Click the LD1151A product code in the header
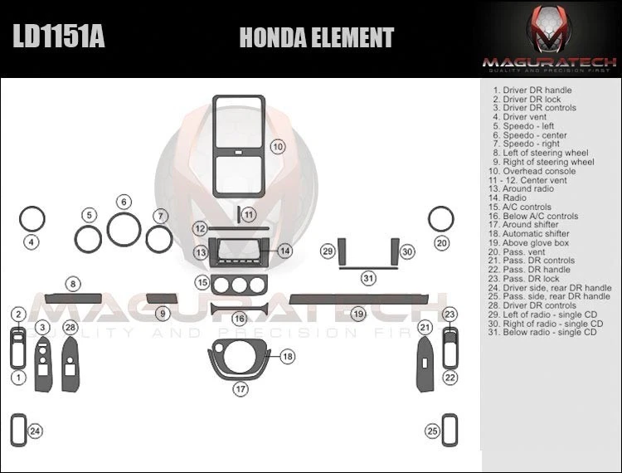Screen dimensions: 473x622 [x=58, y=37]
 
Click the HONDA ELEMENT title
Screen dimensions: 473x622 [x=316, y=37]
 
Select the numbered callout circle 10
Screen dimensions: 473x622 [x=278, y=147]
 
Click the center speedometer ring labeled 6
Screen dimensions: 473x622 [x=124, y=229]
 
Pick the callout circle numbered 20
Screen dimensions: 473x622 [x=442, y=243]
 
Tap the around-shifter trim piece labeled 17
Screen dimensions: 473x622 [x=240, y=358]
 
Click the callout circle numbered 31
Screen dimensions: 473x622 [x=368, y=278]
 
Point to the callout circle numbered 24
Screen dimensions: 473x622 [x=35, y=431]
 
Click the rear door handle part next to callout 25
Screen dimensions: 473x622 [x=453, y=429]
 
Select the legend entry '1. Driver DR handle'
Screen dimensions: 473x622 [x=532, y=90]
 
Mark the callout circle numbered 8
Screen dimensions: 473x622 [x=74, y=285]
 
